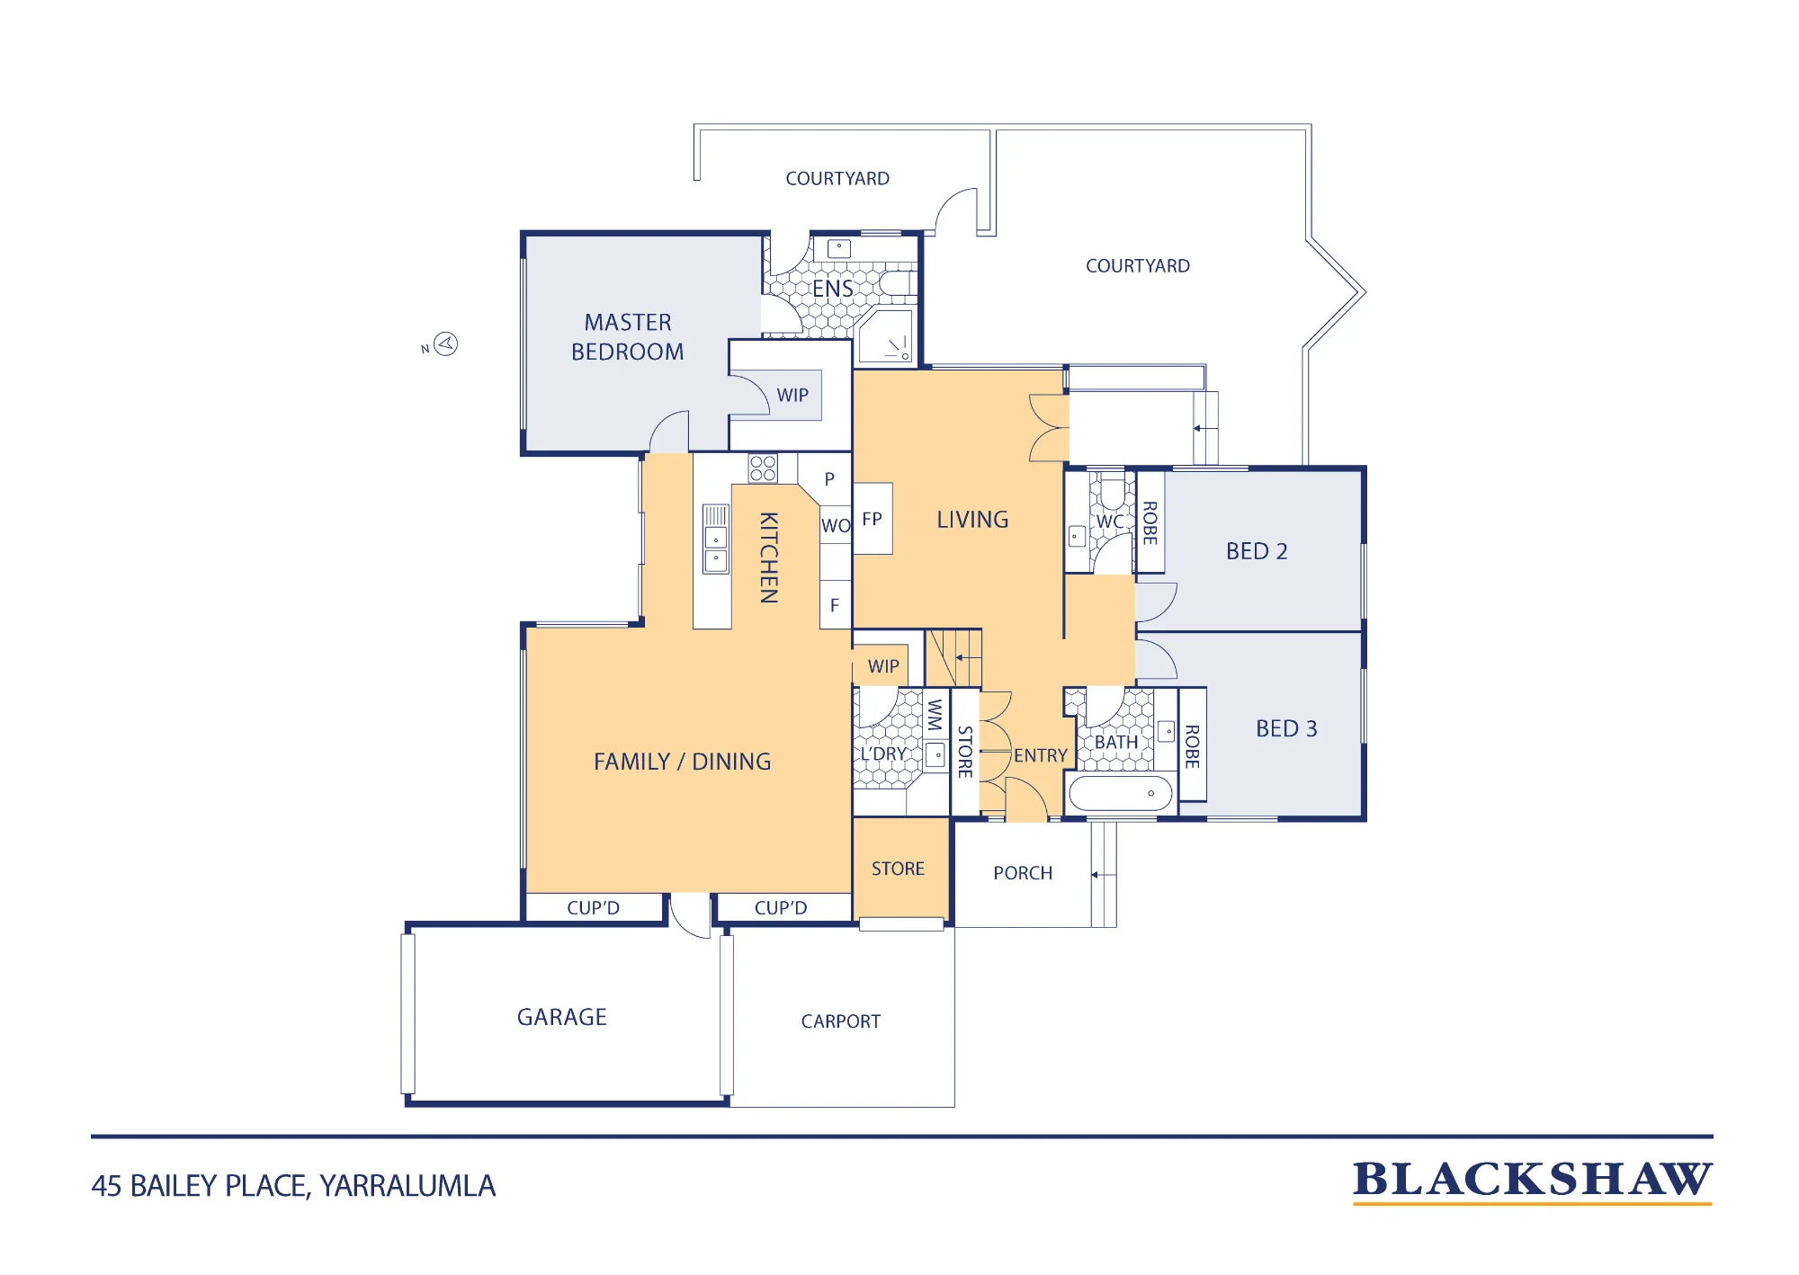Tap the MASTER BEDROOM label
click(628, 337)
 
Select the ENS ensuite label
click(833, 289)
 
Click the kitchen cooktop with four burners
click(763, 468)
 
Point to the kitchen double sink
click(716, 539)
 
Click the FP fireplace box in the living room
click(873, 519)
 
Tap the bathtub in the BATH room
click(1121, 793)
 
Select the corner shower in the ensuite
click(886, 335)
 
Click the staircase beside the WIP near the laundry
click(953, 658)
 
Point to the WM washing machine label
click(935, 714)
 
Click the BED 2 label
click(1257, 551)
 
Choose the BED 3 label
click(1286, 728)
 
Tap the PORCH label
click(1023, 873)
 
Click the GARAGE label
click(562, 1017)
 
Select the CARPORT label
click(841, 1021)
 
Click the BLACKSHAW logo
click(1533, 1181)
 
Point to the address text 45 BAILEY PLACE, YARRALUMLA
click(293, 1186)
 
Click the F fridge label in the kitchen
click(835, 605)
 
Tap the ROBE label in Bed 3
click(1193, 746)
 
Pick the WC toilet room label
click(1110, 522)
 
